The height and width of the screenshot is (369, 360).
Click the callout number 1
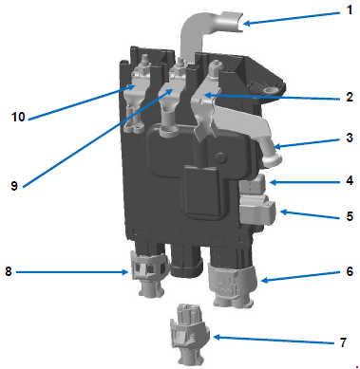point(349,9)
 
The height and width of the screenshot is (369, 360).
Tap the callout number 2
point(350,97)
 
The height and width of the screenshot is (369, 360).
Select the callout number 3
point(350,138)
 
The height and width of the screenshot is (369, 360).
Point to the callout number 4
point(350,180)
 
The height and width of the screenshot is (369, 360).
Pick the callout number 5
point(350,216)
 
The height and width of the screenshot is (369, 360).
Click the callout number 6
point(350,271)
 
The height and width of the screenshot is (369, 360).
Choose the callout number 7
point(343,342)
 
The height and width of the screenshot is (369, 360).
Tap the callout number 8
point(9,271)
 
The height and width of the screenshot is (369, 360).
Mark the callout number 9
point(14,186)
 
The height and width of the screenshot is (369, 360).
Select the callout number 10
point(18,117)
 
